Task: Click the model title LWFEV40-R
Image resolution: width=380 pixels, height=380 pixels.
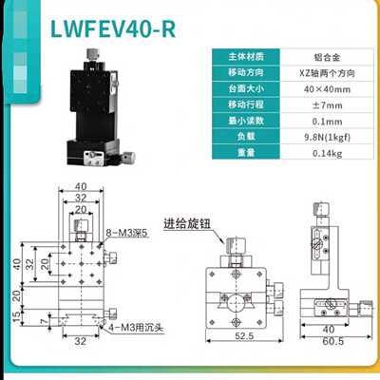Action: [x=113, y=29]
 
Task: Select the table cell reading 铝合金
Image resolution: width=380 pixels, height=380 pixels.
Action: [x=327, y=57]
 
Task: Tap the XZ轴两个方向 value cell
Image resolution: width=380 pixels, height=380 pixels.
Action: [x=327, y=73]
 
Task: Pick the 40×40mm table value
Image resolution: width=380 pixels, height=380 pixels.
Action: [x=327, y=89]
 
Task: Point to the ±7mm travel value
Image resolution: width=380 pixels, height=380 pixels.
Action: [x=327, y=105]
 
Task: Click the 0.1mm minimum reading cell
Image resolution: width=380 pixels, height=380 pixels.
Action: [x=327, y=122]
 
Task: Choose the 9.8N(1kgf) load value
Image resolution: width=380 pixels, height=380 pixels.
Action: [x=327, y=138]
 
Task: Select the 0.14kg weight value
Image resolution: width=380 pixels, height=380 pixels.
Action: [x=327, y=153]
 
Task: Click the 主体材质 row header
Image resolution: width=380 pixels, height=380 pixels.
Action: [x=246, y=57]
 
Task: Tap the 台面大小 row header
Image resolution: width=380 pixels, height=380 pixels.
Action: [x=246, y=89]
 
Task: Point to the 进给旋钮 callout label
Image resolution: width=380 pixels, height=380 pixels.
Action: [x=187, y=224]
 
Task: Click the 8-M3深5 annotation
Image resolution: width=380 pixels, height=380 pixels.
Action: [x=127, y=234]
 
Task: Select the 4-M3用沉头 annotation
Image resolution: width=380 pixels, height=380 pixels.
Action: [x=136, y=327]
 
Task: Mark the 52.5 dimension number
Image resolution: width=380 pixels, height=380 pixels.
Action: [x=244, y=335]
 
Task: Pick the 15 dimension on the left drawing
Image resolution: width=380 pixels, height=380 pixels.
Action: [x=17, y=316]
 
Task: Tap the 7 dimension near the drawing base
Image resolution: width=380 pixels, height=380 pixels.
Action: [x=45, y=322]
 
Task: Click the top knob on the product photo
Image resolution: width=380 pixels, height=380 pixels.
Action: [x=92, y=53]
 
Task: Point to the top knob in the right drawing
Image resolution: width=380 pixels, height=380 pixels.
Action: [x=321, y=209]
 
